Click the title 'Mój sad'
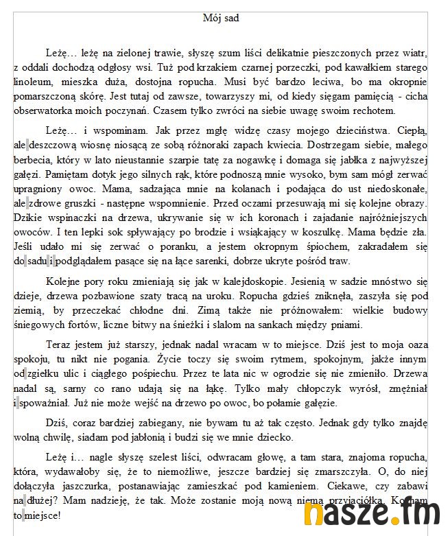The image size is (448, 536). coord(221,18)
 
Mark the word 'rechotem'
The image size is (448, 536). coord(376,110)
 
